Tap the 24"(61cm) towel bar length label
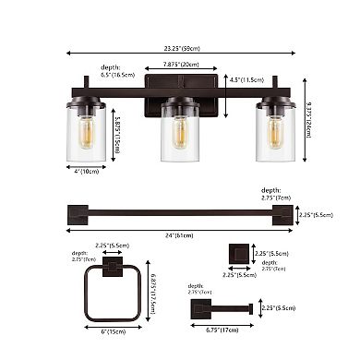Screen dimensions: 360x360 181,235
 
